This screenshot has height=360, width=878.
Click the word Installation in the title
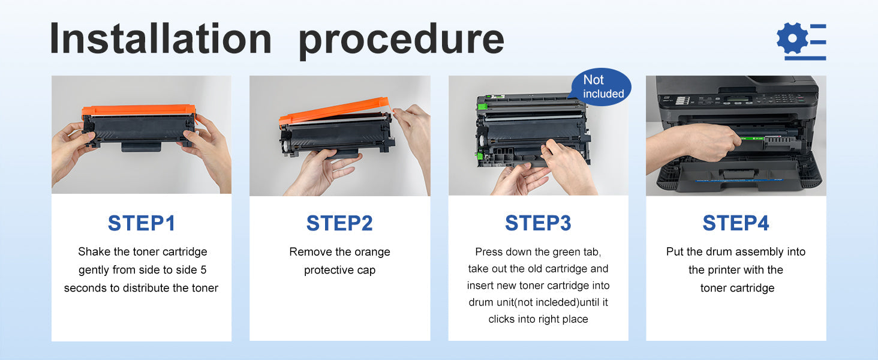tap(161, 38)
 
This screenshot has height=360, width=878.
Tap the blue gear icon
tap(793, 38)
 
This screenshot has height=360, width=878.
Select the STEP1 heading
tap(142, 223)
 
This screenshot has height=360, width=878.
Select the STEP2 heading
tap(339, 223)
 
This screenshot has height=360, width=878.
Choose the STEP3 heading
tap(538, 223)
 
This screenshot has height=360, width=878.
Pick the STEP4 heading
tap(736, 223)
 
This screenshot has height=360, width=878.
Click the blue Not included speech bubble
tap(601, 86)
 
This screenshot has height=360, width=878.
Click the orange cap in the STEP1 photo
tap(139, 110)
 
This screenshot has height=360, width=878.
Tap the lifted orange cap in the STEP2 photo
tap(333, 111)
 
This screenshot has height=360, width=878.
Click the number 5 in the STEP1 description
tap(203, 270)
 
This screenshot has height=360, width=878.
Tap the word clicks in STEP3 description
tap(502, 319)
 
